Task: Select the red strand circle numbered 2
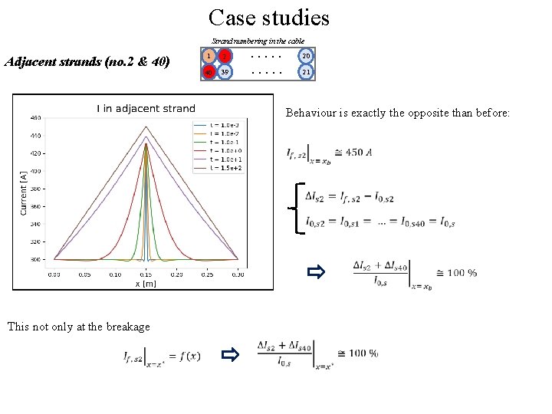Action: pyautogui.click(x=225, y=55)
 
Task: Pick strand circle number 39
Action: pyautogui.click(x=225, y=72)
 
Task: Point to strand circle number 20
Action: pyautogui.click(x=306, y=55)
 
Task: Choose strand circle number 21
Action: pyautogui.click(x=306, y=72)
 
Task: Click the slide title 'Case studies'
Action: pyautogui.click(x=268, y=17)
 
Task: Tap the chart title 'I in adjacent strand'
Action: pyautogui.click(x=146, y=108)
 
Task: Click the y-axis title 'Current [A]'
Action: pyautogui.click(x=23, y=192)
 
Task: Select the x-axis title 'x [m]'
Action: pyautogui.click(x=146, y=283)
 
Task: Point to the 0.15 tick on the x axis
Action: pyautogui.click(x=146, y=274)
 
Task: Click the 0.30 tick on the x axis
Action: pyautogui.click(x=238, y=274)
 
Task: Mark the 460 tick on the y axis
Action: pyautogui.click(x=36, y=118)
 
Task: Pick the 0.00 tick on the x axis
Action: pyautogui.click(x=54, y=274)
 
